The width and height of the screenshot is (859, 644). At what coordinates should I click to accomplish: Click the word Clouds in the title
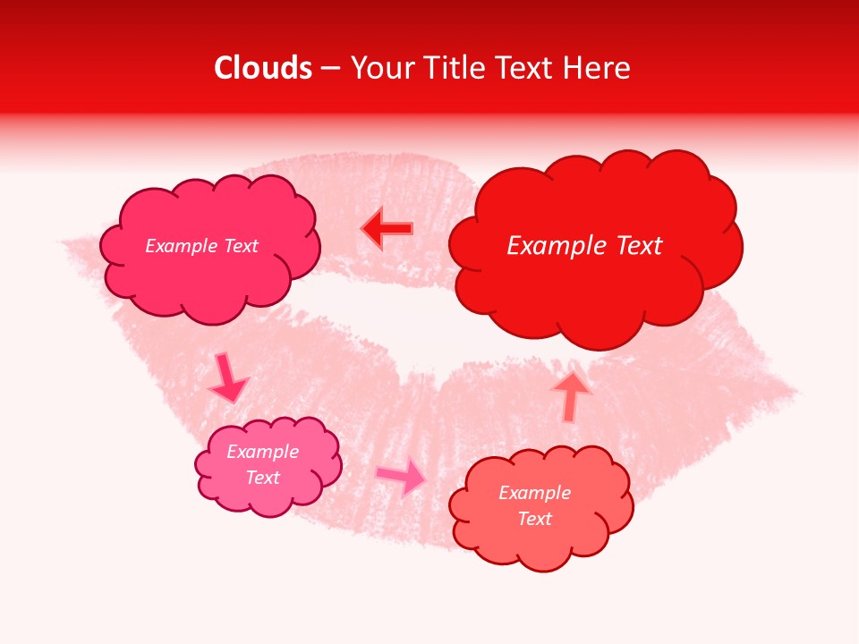(x=263, y=68)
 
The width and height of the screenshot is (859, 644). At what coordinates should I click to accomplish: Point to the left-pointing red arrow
(x=387, y=229)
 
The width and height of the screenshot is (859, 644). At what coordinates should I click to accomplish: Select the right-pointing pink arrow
(x=402, y=476)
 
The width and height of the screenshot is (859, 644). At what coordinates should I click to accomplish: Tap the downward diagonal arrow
(x=228, y=377)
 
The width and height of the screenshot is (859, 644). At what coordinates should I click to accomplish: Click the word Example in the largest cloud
(x=556, y=246)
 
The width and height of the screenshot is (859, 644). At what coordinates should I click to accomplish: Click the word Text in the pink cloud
(x=263, y=478)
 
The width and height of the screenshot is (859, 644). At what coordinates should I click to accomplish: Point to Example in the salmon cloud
(x=534, y=493)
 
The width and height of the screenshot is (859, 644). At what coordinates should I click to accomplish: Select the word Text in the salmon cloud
(x=534, y=519)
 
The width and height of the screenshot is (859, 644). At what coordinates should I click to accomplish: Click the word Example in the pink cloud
(x=263, y=452)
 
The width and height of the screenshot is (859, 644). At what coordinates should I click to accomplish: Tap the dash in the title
(x=329, y=68)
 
